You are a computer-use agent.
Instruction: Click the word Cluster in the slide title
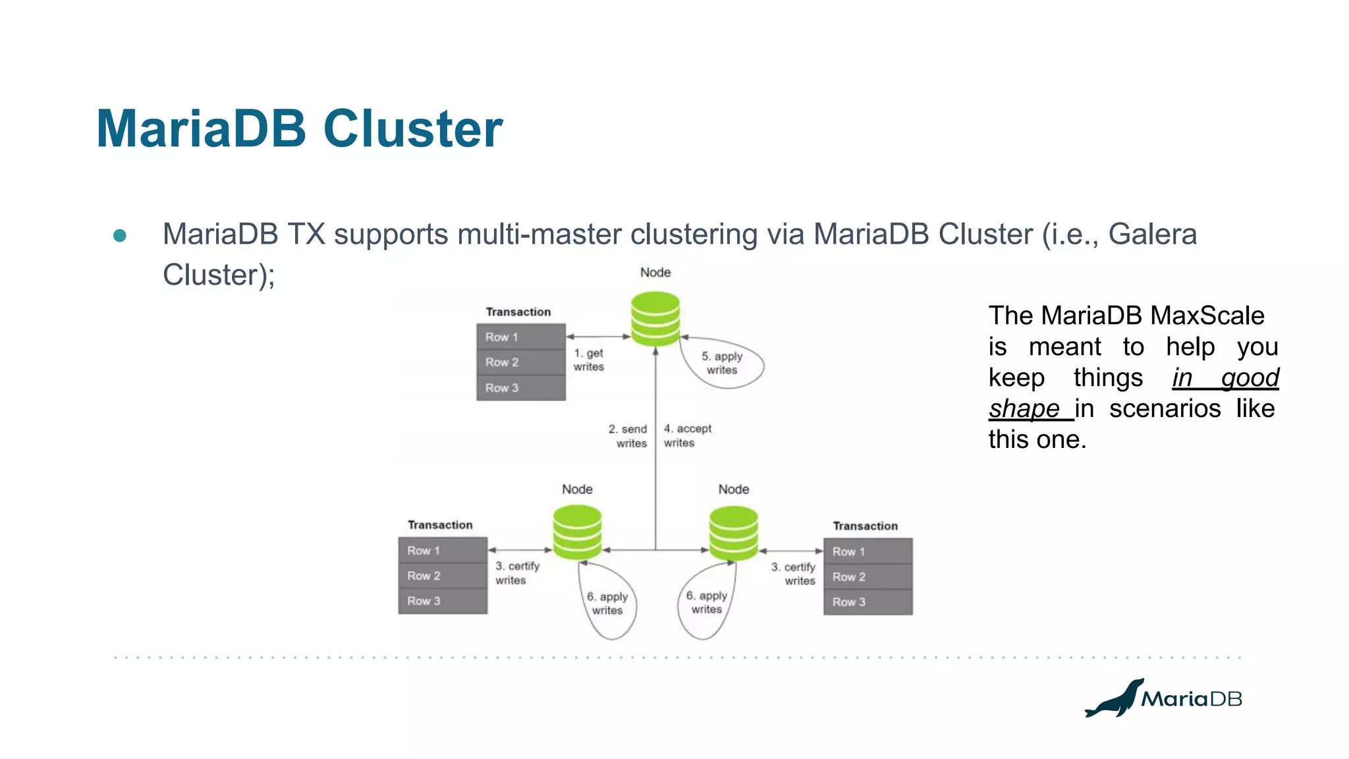(x=413, y=128)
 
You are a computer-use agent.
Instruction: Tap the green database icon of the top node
(x=655, y=319)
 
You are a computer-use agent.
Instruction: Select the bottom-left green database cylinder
(x=577, y=532)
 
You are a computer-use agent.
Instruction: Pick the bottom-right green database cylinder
(x=733, y=533)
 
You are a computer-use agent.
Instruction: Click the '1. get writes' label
(x=588, y=360)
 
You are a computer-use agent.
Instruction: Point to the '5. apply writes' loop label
(x=722, y=363)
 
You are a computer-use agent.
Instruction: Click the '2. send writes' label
(x=628, y=436)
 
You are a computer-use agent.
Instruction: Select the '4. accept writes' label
(x=686, y=436)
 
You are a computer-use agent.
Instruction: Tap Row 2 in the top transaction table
(x=520, y=362)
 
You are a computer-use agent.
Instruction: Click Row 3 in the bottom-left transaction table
(x=442, y=601)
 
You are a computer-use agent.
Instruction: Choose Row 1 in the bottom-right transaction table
(x=867, y=551)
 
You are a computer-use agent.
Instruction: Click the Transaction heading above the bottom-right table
(x=865, y=526)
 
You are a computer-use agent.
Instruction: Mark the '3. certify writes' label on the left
(x=517, y=573)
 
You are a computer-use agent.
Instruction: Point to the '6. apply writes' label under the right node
(x=706, y=602)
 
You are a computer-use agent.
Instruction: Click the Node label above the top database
(x=655, y=272)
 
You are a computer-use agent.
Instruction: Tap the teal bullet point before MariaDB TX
(x=120, y=235)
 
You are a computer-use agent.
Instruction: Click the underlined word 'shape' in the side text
(x=1024, y=408)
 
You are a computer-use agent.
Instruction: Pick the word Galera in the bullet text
(x=1152, y=235)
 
